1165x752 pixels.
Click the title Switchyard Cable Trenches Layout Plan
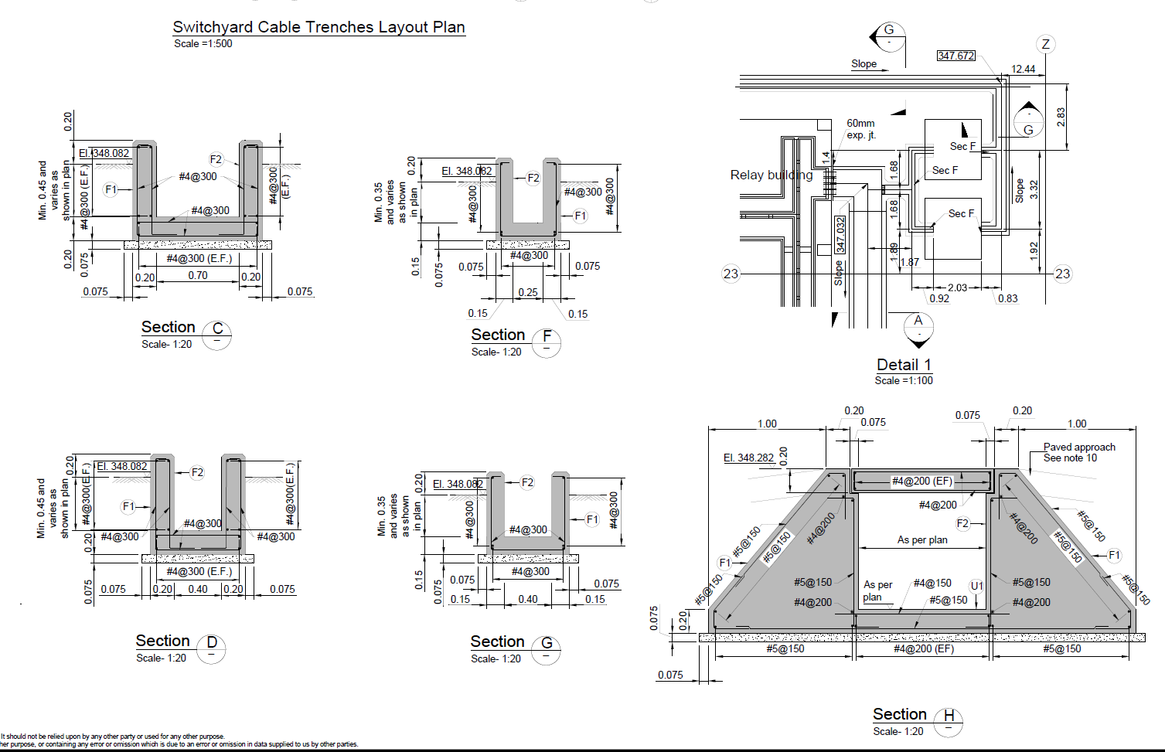[319, 27]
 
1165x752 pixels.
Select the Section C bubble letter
[217, 328]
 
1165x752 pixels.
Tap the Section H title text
[899, 714]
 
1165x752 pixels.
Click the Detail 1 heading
[904, 365]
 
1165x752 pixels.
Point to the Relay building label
[771, 175]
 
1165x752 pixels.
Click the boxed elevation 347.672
[956, 56]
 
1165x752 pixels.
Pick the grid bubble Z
[1045, 44]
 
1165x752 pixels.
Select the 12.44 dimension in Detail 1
[1023, 69]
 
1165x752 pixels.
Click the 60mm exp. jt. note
[860, 129]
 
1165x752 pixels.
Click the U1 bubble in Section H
[977, 586]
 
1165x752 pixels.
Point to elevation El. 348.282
[748, 458]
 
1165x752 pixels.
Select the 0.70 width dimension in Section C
[198, 275]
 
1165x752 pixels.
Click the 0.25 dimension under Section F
[528, 292]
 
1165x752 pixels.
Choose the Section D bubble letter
[212, 642]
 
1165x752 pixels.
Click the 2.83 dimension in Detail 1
[1061, 117]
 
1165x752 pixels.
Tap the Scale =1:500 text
[203, 44]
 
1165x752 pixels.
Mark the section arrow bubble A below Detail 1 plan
[918, 321]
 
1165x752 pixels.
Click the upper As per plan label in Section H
[922, 539]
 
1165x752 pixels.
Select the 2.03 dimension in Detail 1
[957, 288]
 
